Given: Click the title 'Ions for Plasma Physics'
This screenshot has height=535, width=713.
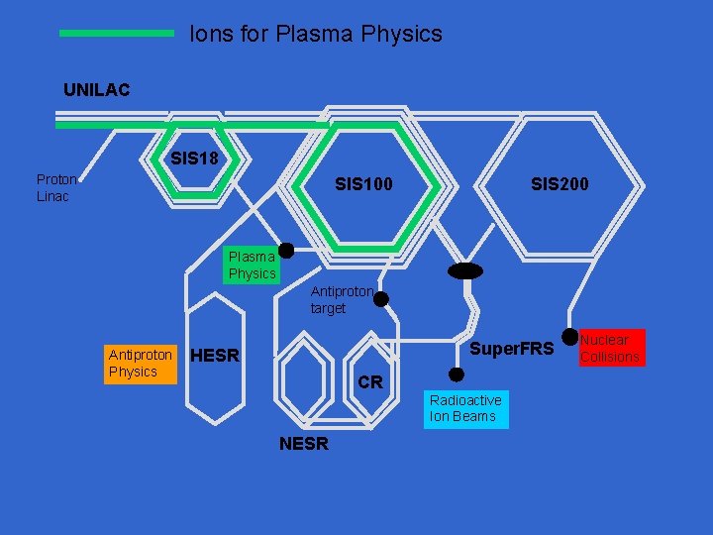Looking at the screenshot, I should (x=316, y=34).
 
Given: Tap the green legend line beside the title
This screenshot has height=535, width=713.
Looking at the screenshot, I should (x=117, y=33).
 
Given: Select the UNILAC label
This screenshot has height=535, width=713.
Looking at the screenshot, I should (x=96, y=90).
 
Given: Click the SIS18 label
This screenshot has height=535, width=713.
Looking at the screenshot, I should (x=194, y=159).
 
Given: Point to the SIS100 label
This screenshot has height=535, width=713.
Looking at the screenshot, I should (x=363, y=184).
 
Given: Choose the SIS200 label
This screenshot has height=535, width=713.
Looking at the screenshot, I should (x=560, y=184).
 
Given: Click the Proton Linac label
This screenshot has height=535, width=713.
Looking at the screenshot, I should (x=56, y=187).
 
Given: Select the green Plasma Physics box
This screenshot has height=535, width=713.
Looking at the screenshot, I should (x=252, y=265).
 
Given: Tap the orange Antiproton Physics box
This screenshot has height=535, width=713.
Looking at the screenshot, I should (x=141, y=363).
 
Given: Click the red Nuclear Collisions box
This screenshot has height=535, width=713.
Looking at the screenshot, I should (x=610, y=348).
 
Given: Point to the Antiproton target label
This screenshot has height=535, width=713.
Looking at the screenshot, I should (x=342, y=300).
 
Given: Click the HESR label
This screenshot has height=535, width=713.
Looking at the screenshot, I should (x=215, y=356).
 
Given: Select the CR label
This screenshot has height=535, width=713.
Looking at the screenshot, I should (x=370, y=382).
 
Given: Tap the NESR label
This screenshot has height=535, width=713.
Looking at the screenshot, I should (x=304, y=444).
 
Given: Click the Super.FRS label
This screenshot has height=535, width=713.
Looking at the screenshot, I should (x=511, y=349).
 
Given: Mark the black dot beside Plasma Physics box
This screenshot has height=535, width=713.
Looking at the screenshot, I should (x=286, y=250).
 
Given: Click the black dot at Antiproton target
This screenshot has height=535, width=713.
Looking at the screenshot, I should (x=380, y=298).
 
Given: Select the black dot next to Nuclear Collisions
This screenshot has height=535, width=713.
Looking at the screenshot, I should (x=569, y=337).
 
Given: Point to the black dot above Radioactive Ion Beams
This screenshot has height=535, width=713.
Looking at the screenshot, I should (x=457, y=374).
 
